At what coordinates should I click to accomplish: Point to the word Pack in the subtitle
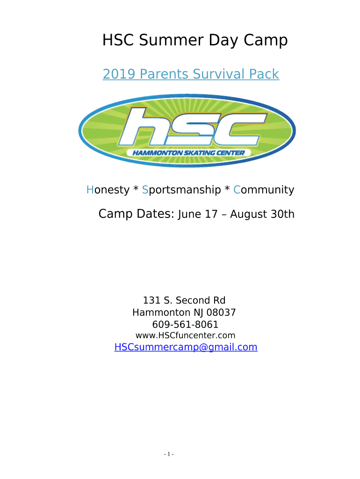pos(264,74)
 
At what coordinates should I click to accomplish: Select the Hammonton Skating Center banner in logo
pos(189,153)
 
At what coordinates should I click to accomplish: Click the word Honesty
pos(108,190)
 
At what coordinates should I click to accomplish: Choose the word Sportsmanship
pos(181,190)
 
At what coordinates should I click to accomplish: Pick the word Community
pos(264,190)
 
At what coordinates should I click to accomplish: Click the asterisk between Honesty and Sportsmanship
pos(136,189)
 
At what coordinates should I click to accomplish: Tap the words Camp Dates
pos(136,214)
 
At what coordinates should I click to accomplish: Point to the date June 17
pos(198,214)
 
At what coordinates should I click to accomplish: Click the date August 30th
pos(262,214)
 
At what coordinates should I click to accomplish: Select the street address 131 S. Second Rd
pos(184,300)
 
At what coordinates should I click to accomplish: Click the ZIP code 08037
pos(221,312)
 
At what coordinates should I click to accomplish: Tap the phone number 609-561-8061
pos(185,325)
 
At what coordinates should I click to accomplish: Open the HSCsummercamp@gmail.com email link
pos(186,348)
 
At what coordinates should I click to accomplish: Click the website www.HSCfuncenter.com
pos(185,335)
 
